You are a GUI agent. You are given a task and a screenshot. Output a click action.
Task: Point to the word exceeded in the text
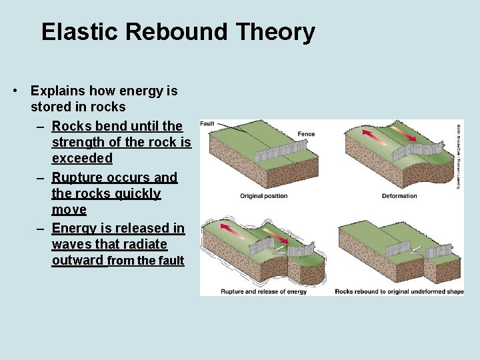click(x=82, y=159)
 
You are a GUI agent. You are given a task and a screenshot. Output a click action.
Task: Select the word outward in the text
click(x=78, y=261)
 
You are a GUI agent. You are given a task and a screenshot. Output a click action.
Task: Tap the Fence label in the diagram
click(x=306, y=134)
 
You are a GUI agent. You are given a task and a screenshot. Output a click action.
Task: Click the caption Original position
click(x=264, y=196)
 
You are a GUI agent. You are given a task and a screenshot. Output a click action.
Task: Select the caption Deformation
click(x=399, y=196)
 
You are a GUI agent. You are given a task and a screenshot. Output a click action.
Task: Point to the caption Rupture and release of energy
click(x=264, y=291)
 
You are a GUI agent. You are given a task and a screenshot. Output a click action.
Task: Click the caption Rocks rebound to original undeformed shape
click(x=399, y=291)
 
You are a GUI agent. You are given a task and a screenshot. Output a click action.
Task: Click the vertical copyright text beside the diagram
click(x=459, y=155)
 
